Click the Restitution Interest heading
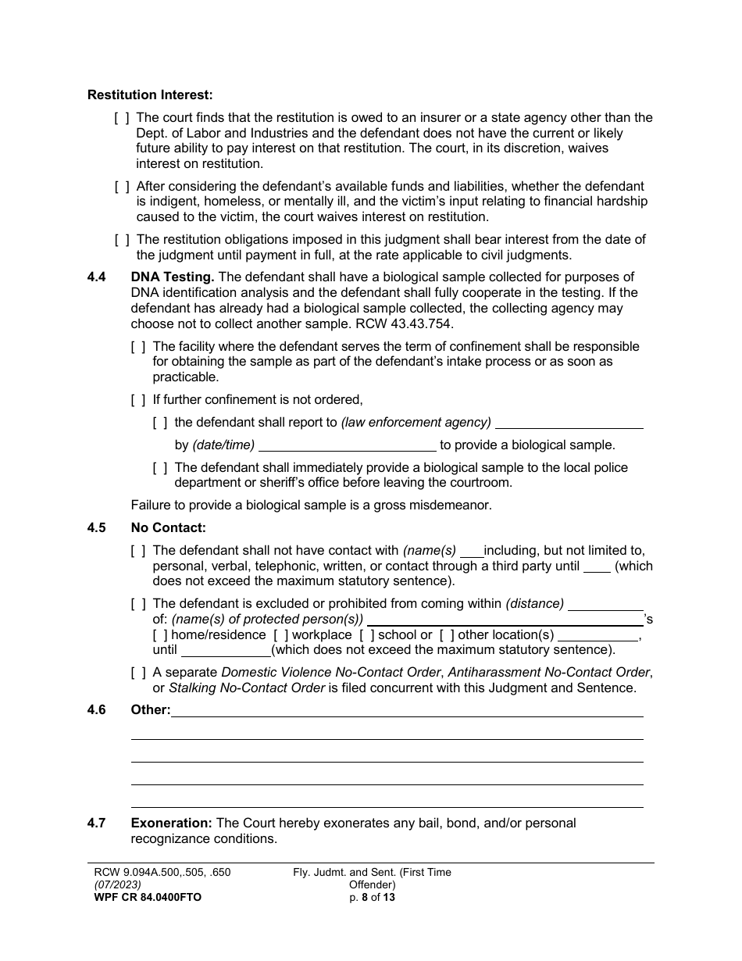pos(149,95)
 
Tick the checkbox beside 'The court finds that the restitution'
pos(122,118)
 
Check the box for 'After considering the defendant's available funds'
pos(122,187)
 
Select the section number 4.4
pos(97,277)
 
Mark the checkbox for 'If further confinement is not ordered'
pos(138,400)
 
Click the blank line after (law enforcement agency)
pos(569,423)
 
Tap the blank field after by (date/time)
pos(347,445)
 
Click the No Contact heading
pos(168,528)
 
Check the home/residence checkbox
pos(160,635)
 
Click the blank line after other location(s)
pos(598,635)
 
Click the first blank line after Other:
pos(406,711)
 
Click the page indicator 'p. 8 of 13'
pos(372,898)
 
